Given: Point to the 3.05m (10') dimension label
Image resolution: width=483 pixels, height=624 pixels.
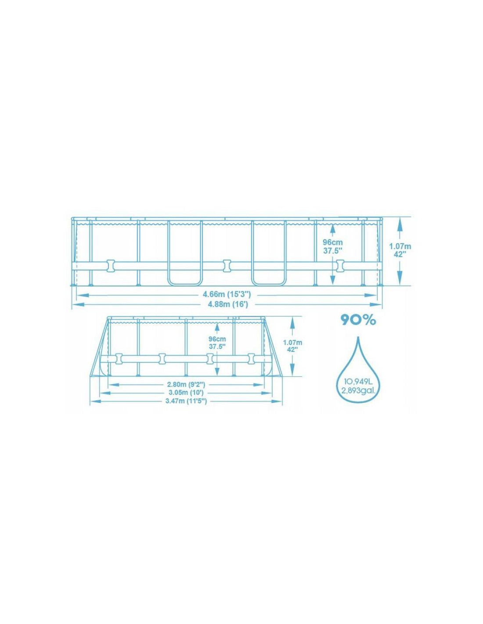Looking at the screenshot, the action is point(186,393).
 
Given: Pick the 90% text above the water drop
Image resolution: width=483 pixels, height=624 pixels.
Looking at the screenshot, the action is point(358,320).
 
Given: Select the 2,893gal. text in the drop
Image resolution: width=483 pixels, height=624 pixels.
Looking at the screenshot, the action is point(358,390).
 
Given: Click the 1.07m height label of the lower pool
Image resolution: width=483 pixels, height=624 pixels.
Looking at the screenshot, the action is point(292,342).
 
